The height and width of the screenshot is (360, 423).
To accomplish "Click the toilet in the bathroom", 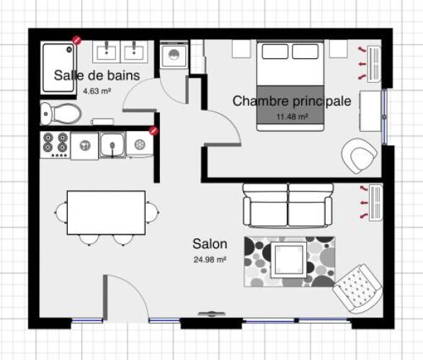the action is tap(61, 114).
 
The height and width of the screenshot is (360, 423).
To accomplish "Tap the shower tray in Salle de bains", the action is tap(58, 68).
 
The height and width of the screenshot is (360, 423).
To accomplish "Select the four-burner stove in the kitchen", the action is tap(55, 145).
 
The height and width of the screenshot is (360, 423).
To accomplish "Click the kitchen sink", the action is tap(112, 145).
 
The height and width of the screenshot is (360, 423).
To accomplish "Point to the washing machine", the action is tap(174, 55).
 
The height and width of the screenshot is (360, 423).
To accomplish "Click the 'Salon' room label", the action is tap(210, 244).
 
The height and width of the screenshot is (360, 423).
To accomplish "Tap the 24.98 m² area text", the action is tap(210, 259).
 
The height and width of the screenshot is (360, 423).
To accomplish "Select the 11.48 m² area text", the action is tap(292, 117).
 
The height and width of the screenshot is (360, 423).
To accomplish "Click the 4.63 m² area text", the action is tap(97, 91).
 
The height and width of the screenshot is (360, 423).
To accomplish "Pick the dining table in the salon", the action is tap(106, 212).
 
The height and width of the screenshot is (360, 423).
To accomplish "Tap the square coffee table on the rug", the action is tap(289, 260).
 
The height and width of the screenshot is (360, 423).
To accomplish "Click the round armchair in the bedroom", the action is tap(359, 156).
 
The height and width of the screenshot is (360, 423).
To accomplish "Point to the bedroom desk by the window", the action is tap(371, 111).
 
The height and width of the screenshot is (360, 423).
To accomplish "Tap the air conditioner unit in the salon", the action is tap(375, 202).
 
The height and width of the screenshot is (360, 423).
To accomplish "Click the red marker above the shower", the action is tap(76, 40).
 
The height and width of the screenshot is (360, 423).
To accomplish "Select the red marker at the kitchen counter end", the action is tap(154, 131).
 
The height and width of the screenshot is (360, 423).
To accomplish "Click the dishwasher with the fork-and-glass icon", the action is tap(84, 145).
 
